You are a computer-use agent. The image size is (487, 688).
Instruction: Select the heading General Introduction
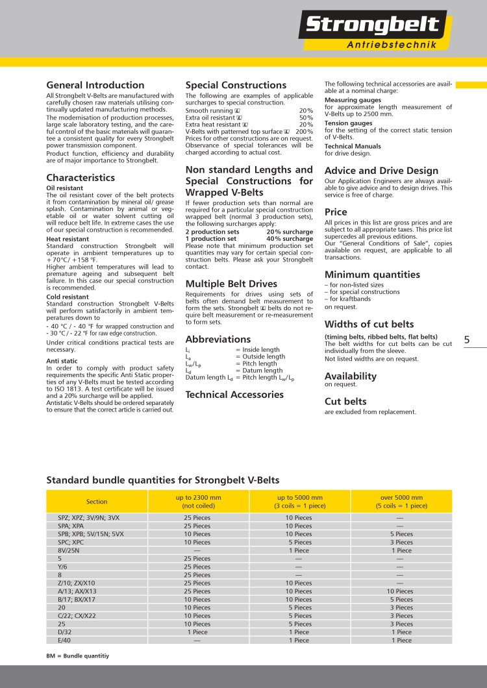[x=95, y=85]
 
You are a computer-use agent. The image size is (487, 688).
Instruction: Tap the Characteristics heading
[x=81, y=177]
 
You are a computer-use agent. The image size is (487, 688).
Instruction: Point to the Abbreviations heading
[x=218, y=339]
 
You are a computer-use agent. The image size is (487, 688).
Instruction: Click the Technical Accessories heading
[x=234, y=394]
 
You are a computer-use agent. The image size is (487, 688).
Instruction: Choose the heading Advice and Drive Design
[x=381, y=171]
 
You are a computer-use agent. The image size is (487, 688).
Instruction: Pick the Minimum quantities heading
[x=372, y=275]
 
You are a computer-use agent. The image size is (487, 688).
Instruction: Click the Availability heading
[x=350, y=376]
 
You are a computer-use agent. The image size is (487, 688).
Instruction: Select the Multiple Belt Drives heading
[x=231, y=284]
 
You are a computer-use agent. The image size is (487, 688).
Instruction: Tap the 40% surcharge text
[x=289, y=239]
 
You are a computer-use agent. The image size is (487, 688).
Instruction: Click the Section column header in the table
[x=97, y=502]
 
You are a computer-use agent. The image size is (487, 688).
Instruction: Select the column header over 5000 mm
[x=401, y=501]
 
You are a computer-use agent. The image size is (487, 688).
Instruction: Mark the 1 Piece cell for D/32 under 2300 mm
[x=197, y=632]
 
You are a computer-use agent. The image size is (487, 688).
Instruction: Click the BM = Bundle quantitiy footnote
[x=77, y=656]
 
